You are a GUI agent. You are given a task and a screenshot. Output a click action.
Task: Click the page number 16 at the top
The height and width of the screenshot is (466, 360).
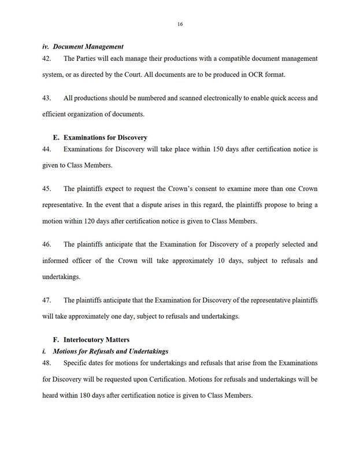(x=180, y=24)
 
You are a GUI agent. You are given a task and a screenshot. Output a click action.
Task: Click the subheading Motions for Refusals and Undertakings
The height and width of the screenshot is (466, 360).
(x=110, y=351)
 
